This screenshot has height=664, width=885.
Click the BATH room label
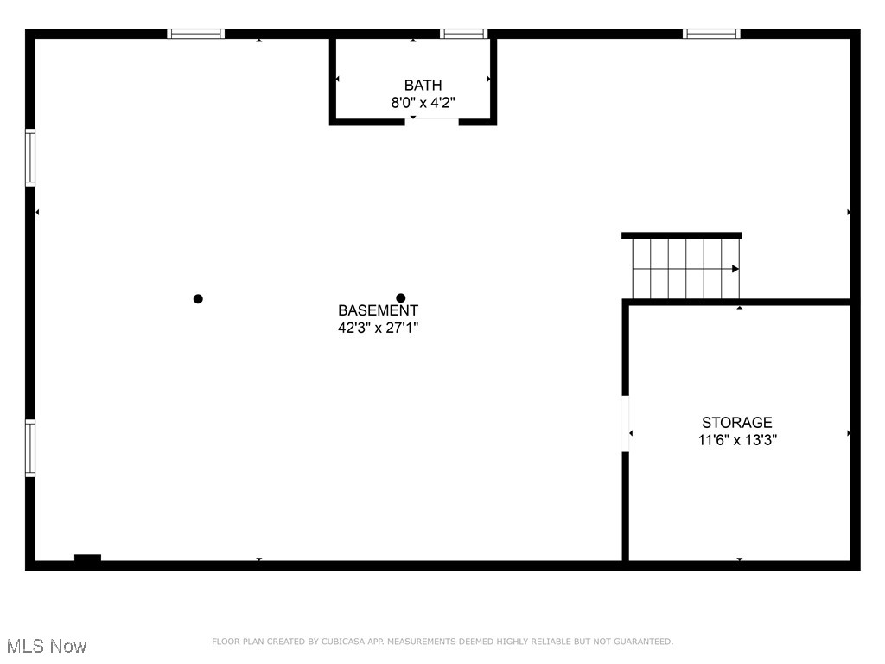point(423,85)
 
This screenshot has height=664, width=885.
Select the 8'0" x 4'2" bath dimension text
point(423,102)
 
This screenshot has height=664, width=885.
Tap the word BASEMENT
point(378,310)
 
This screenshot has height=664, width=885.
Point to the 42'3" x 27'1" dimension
point(378,328)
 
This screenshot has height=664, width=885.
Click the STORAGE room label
point(736,422)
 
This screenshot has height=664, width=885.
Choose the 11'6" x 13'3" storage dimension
point(737,439)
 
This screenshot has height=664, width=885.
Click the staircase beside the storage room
point(683,268)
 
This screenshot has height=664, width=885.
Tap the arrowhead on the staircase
point(735,269)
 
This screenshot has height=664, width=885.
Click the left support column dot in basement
point(198,299)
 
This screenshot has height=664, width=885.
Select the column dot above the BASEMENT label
point(401,298)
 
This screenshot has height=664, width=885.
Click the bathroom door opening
point(432,122)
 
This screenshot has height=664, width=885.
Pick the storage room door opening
point(625,424)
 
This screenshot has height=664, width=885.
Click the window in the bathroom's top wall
point(464,34)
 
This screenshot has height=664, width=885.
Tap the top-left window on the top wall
point(195,34)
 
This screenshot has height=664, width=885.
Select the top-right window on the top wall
point(711,34)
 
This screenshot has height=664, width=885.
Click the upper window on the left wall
point(30,157)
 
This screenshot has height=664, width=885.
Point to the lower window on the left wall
point(30,448)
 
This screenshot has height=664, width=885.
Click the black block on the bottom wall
point(87,559)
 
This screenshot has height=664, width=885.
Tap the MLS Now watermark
point(47,646)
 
